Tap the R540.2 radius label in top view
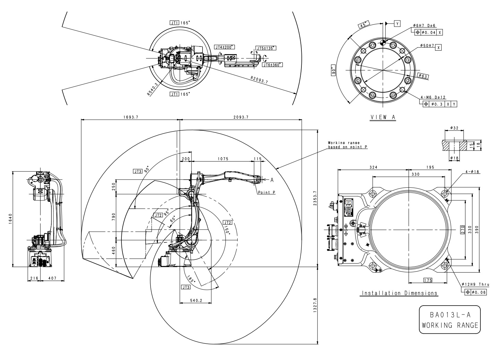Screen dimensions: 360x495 pyautogui.click(x=153, y=88)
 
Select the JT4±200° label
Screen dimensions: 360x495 pyautogui.click(x=224, y=47)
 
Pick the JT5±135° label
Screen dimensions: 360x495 pyautogui.click(x=266, y=48)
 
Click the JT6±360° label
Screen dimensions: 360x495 pyautogui.click(x=272, y=65)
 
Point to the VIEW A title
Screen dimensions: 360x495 pyautogui.click(x=383, y=117)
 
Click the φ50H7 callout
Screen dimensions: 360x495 pyautogui.click(x=427, y=46)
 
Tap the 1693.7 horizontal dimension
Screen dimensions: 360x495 pyautogui.click(x=130, y=117)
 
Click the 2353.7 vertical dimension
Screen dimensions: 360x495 pyautogui.click(x=315, y=198)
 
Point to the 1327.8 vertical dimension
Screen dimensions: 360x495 pyautogui.click(x=315, y=305)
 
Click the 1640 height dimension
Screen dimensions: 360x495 pyautogui.click(x=10, y=219)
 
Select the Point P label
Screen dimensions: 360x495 pyautogui.click(x=266, y=192)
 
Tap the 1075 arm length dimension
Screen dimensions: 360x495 pyautogui.click(x=223, y=159)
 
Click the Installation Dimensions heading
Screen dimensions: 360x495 pyautogui.click(x=400, y=293)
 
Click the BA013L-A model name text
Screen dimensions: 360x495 pyautogui.click(x=450, y=315)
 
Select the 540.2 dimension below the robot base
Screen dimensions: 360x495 pyautogui.click(x=196, y=300)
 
